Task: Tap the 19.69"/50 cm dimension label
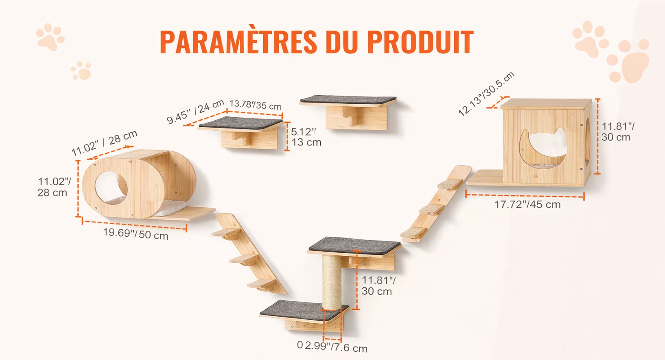(136, 234)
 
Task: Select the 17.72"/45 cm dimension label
(528, 205)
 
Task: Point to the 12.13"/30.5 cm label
(486, 94)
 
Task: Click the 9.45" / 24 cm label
(195, 112)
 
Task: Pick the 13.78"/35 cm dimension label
(255, 105)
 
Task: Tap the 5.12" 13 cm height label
(306, 137)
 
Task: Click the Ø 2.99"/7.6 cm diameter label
(332, 346)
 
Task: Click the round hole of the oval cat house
(111, 187)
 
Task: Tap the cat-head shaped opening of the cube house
(543, 148)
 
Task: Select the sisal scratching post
(332, 282)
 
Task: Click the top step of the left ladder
(226, 232)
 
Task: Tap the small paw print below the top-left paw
(81, 71)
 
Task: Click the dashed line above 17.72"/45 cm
(525, 196)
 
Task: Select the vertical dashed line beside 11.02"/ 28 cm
(78, 189)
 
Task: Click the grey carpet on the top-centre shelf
(348, 100)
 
